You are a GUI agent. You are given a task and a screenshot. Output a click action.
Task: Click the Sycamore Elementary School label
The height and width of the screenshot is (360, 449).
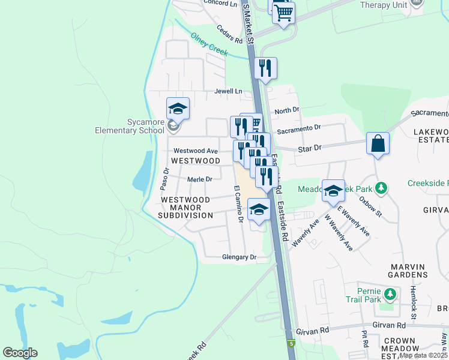(130, 126)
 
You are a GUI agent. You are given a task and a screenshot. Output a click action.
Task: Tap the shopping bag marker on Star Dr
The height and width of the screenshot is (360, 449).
(378, 144)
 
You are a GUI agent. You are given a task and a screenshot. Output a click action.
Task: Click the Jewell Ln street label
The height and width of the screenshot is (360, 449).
(228, 91)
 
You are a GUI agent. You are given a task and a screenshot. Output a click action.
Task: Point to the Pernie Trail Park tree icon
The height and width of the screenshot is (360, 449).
(391, 293)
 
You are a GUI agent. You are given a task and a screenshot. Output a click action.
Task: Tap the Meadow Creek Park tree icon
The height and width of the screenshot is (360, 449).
(381, 189)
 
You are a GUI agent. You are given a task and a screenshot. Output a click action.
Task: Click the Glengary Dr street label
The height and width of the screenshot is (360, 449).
(239, 257)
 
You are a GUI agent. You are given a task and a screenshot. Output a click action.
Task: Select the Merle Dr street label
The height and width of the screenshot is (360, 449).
(200, 179)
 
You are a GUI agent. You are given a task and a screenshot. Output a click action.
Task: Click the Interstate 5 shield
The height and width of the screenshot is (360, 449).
(292, 344)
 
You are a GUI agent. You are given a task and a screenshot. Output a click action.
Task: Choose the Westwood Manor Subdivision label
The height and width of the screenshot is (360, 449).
(185, 207)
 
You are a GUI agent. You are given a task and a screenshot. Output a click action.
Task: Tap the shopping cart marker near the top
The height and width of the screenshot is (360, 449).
(283, 12)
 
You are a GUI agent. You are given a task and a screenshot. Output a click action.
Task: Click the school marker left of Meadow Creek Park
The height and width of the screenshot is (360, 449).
(333, 191)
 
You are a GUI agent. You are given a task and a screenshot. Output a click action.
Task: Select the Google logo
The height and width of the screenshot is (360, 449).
(20, 353)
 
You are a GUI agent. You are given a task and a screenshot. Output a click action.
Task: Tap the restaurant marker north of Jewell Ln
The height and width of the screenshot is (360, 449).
(265, 68)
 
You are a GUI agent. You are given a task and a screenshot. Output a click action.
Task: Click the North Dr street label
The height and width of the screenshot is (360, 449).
(286, 110)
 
